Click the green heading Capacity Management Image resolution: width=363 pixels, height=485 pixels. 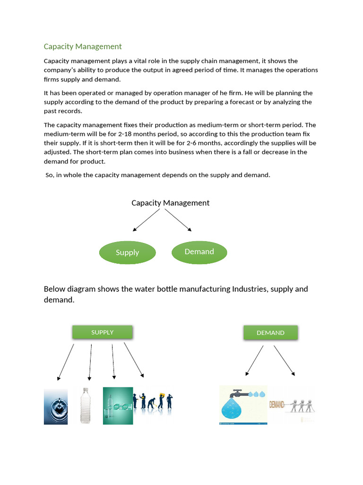point(83,46)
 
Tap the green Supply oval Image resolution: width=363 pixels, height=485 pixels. point(127,252)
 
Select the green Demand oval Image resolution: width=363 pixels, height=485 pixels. point(199,251)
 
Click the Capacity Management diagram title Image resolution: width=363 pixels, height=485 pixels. point(170,203)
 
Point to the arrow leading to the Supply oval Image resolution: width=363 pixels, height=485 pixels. point(147,220)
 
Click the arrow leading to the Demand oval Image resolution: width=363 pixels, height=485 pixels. point(178,220)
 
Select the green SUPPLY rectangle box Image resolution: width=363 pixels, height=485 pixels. point(102,332)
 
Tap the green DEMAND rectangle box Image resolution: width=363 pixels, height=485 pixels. point(270,333)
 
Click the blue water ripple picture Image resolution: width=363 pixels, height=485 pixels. point(56,406)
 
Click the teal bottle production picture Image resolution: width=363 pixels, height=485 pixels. point(118,406)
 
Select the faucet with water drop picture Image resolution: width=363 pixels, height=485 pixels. point(243,405)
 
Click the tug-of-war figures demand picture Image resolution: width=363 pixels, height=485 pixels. point(292,405)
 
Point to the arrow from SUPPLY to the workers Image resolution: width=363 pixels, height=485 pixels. point(134,360)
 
